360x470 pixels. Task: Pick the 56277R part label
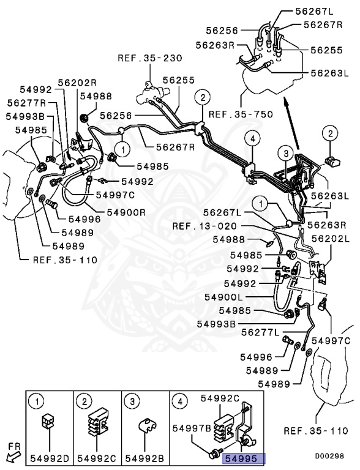tap(27, 103)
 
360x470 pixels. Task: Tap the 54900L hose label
tap(245, 297)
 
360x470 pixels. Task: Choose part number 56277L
tap(261, 332)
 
